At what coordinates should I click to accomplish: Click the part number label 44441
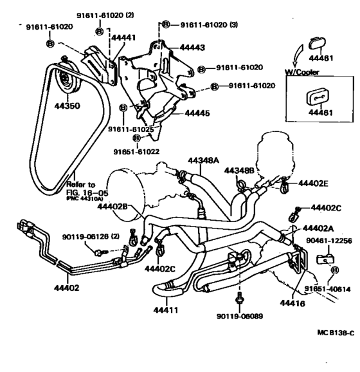(123, 38)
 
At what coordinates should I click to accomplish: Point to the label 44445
(197, 113)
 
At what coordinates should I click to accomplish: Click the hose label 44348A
(204, 159)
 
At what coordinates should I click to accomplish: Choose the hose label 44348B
(240, 171)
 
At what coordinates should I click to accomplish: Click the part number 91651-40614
(326, 288)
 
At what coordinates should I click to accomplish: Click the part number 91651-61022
(136, 152)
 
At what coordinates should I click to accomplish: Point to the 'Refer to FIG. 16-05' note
(84, 187)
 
